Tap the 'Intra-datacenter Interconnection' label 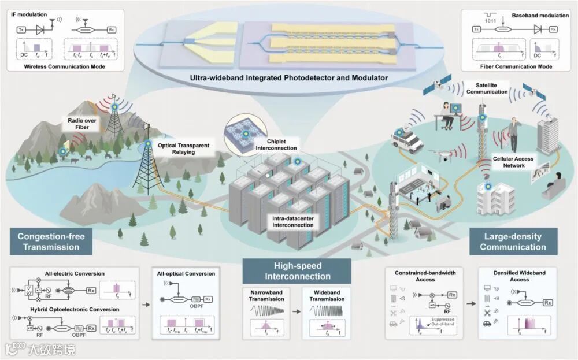[x=293, y=221]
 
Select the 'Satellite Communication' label [x=487, y=88]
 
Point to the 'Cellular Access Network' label [x=513, y=162]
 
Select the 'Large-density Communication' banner [x=513, y=242]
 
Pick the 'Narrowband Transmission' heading [x=267, y=295]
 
